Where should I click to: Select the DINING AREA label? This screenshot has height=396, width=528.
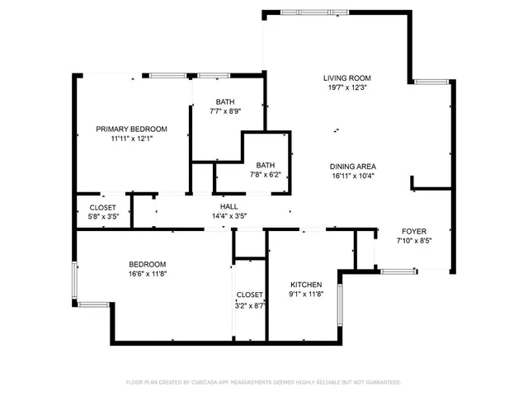click(353, 166)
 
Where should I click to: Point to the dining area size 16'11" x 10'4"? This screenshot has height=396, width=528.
click(353, 175)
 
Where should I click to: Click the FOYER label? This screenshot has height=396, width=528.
click(413, 232)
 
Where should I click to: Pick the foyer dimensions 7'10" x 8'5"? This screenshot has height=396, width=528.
click(413, 242)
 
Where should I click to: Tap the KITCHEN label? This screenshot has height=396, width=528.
click(305, 284)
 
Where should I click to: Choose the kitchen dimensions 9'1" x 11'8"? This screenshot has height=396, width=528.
click(305, 294)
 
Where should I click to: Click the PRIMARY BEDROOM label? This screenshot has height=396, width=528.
click(132, 129)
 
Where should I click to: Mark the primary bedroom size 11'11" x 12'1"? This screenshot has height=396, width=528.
click(132, 139)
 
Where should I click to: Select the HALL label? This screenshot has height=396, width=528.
click(229, 207)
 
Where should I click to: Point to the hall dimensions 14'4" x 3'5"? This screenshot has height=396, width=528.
click(229, 217)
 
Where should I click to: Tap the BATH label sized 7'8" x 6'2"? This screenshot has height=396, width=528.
click(265, 165)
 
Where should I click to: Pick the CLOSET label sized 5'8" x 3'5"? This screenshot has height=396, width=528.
click(103, 207)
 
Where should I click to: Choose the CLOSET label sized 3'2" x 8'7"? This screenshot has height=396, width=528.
click(249, 295)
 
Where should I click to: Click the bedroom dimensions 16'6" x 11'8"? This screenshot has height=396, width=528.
click(148, 274)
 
